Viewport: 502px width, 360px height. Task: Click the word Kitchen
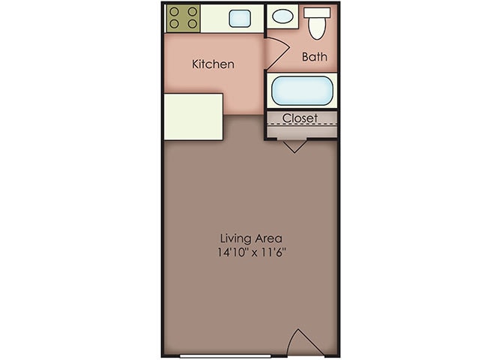[x=213, y=64]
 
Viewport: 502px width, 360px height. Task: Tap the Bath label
[x=314, y=57]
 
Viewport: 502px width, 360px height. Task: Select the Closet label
[x=300, y=118]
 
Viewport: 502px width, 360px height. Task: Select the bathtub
[x=301, y=91]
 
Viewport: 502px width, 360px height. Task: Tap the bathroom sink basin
[x=282, y=16]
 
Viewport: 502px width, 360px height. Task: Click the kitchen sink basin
[x=240, y=19]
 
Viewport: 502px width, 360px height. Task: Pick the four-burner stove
[x=183, y=18]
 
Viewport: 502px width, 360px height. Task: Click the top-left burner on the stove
[x=175, y=12]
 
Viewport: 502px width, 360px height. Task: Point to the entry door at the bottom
[x=306, y=343]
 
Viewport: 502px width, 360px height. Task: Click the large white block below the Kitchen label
[x=193, y=116]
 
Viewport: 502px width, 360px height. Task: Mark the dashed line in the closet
[x=301, y=124]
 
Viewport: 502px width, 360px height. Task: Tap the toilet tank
[x=318, y=11]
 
